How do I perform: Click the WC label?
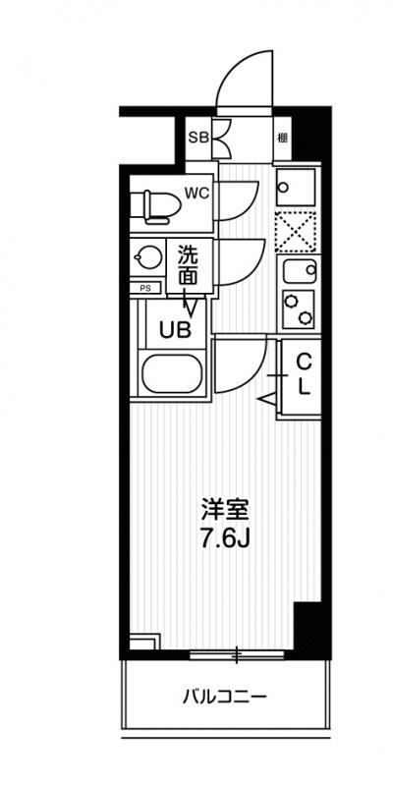[197, 193]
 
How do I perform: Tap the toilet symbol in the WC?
[158, 204]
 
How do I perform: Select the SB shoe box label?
[196, 137]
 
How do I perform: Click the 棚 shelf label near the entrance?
[282, 138]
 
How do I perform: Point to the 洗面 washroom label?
[188, 266]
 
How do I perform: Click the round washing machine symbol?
[148, 258]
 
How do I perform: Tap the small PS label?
[145, 288]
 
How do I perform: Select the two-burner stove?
[297, 309]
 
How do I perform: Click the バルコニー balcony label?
[225, 699]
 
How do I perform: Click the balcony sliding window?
[236, 652]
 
